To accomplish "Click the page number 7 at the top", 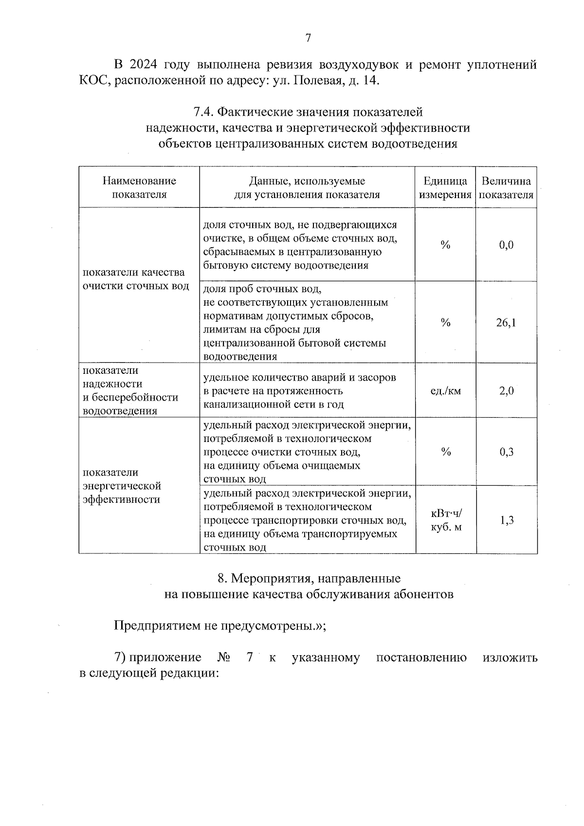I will coord(308,38).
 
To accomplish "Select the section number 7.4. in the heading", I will coord(203,112).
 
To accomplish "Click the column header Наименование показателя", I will coord(139,187).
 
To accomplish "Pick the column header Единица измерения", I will coord(445,187).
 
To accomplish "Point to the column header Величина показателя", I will coord(506,187).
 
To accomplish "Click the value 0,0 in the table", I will coord(506,245).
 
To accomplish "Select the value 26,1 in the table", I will coord(506,323).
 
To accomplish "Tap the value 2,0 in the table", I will coord(506,391).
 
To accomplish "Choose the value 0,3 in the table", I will coord(506,452).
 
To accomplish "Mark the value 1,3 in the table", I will coord(506,520).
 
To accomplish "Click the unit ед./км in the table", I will coord(446,391).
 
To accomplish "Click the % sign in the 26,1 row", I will coord(445,323).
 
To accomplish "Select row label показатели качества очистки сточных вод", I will coord(136,279).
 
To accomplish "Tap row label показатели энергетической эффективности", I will coord(122,486).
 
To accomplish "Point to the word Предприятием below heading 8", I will coord(158,625).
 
